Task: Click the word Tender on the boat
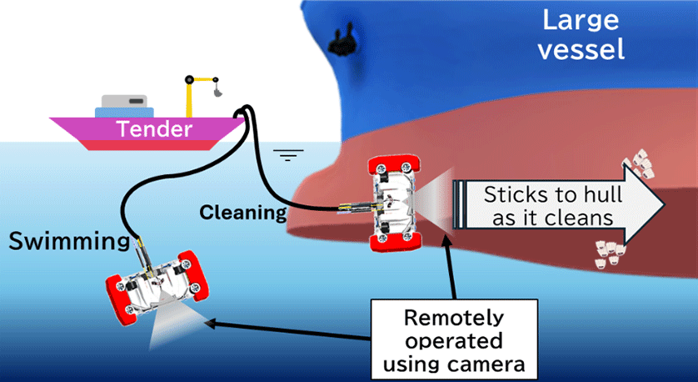(154, 129)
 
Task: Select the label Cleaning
(243, 212)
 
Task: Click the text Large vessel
(581, 34)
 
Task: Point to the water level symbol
(289, 153)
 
